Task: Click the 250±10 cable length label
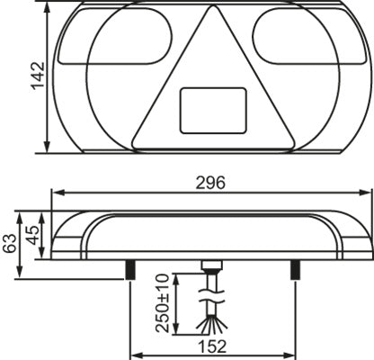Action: [x=163, y=303]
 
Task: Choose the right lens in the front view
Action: [x=301, y=47]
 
